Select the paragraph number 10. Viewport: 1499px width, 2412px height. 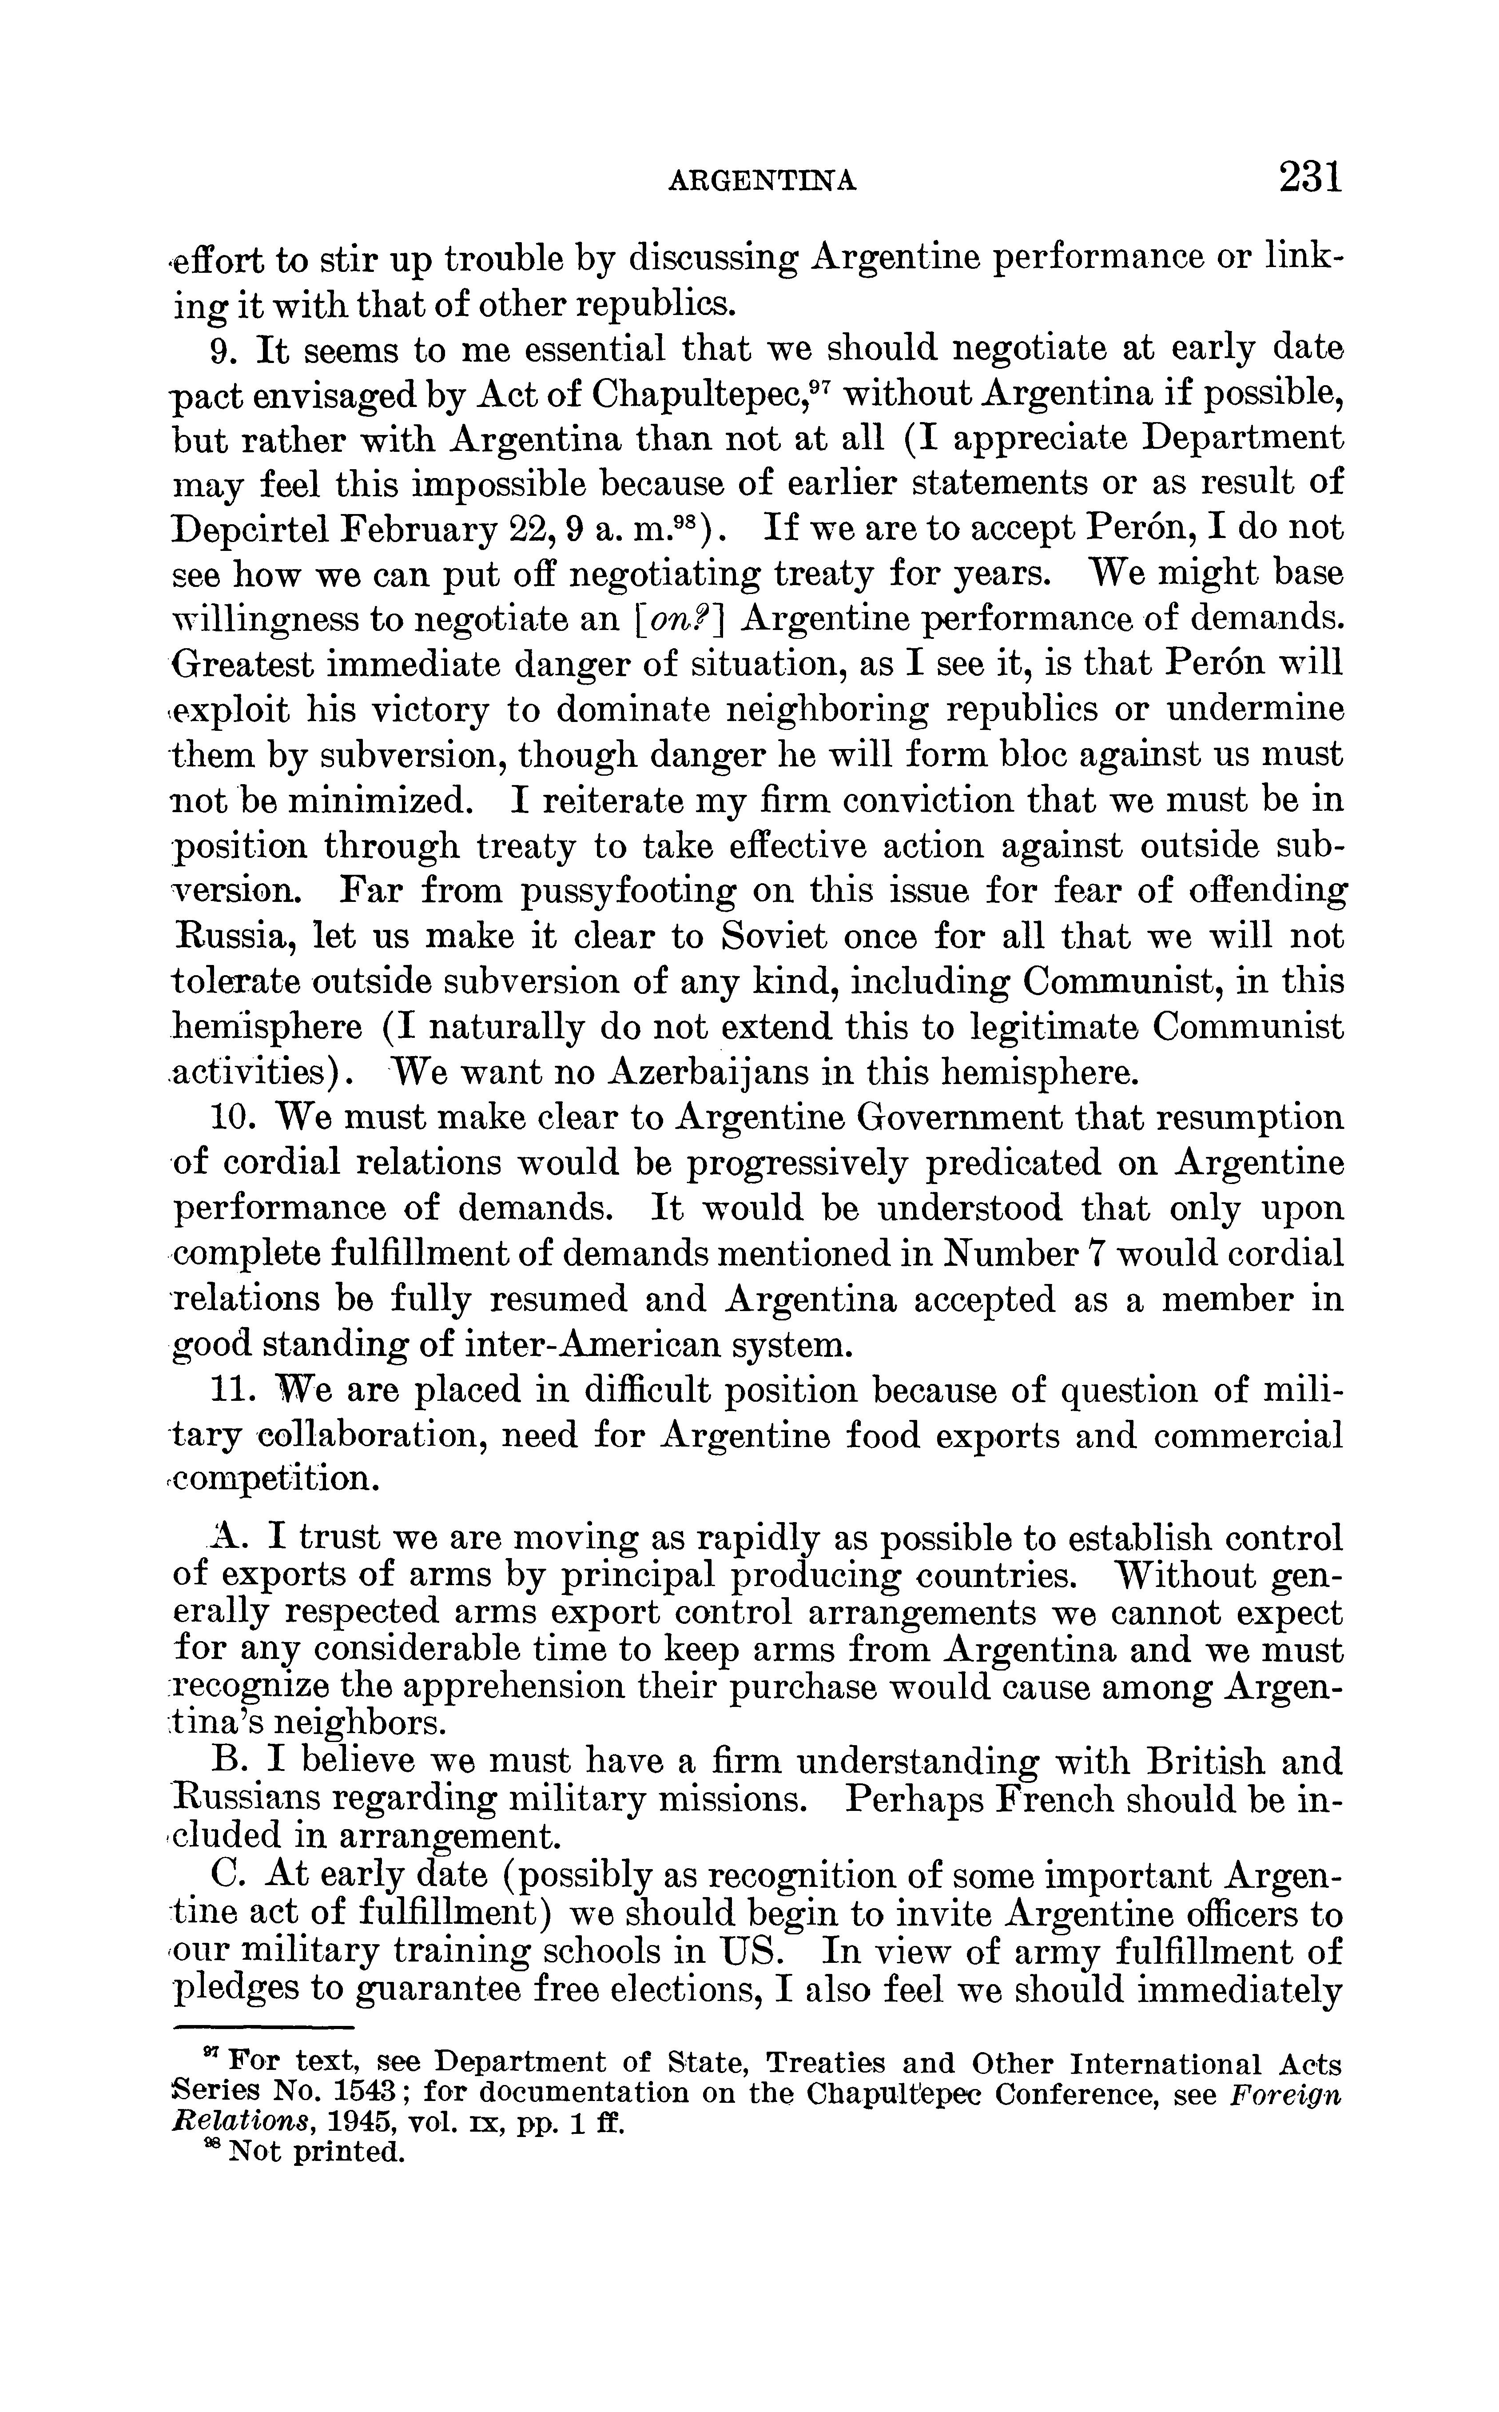(x=234, y=1118)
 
